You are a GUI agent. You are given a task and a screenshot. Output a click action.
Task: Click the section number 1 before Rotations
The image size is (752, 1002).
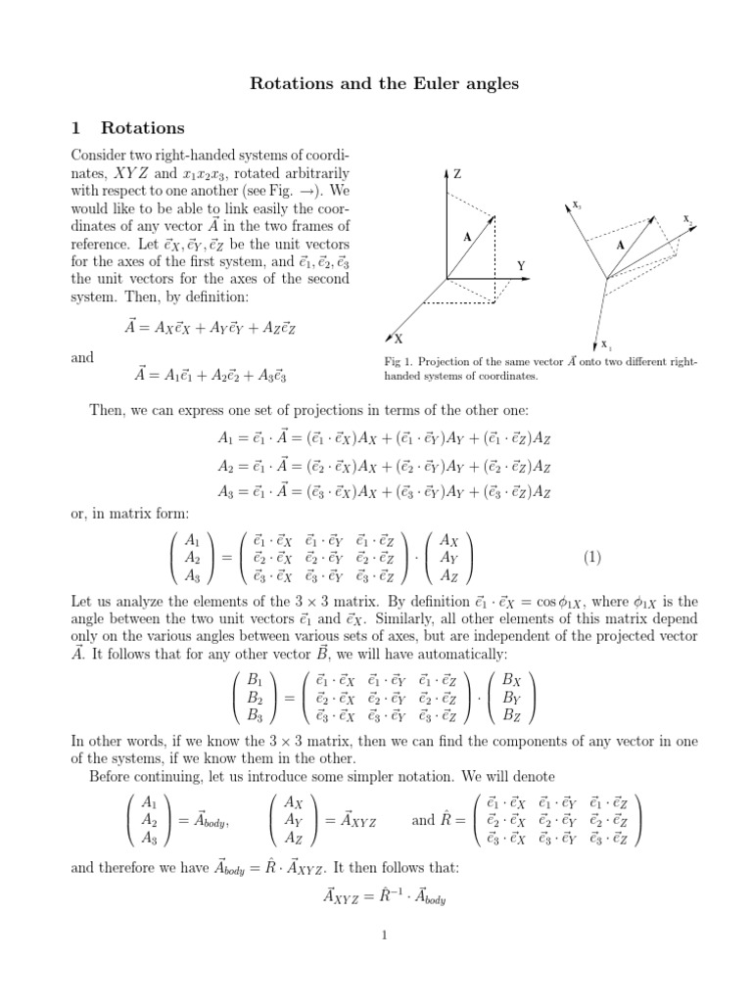pos(77,128)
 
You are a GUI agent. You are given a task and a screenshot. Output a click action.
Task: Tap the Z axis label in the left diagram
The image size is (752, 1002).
pos(456,173)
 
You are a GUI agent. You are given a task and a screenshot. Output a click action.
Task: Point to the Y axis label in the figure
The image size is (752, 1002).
pos(522,265)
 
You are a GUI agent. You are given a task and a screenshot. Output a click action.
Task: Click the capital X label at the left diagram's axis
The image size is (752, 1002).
pos(399,339)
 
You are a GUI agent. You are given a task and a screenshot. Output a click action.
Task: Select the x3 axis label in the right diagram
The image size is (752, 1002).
pos(577,205)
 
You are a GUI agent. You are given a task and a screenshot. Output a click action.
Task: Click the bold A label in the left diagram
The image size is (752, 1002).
pos(467,237)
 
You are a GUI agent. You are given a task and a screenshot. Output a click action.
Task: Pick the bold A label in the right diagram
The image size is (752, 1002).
pos(620,246)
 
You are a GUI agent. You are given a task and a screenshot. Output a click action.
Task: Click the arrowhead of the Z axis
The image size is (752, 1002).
pos(446,173)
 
